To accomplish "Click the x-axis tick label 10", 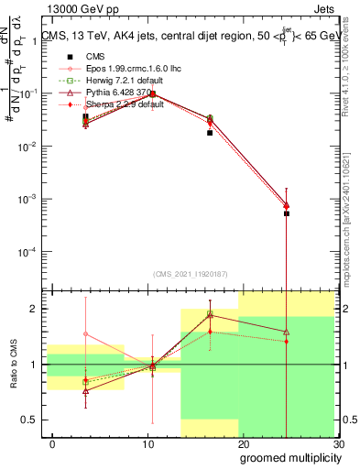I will point(147,444).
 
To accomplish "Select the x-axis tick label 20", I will point(243,444).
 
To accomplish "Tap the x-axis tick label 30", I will point(338,444).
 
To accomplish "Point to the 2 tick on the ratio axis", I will point(38,309).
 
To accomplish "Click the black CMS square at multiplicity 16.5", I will point(210,133).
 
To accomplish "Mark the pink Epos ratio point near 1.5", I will point(85,334).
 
